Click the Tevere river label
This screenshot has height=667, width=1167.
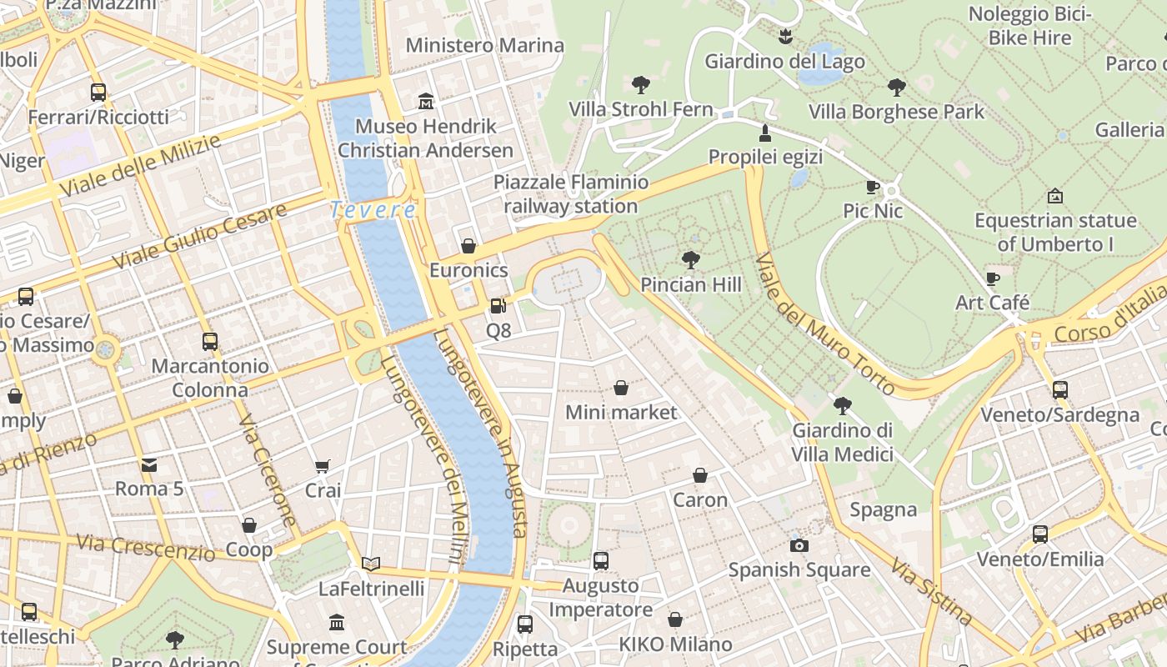pos(373,210)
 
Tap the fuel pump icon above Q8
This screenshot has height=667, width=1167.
pos(498,306)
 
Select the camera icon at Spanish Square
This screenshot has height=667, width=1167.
pos(799,545)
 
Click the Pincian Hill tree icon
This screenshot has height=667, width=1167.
pos(690,259)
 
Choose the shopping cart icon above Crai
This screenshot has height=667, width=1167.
pos(323,466)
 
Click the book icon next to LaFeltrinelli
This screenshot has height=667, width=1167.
pos(371,564)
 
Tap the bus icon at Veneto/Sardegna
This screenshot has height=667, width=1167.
pos(1059,389)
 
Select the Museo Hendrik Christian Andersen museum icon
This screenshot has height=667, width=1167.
pos(426,102)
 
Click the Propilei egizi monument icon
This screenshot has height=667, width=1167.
pos(764,133)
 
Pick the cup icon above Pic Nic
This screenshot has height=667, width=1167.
pos(873,187)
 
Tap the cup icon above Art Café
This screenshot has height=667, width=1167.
pos(992,278)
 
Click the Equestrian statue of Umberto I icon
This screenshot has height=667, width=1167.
pos(1054,196)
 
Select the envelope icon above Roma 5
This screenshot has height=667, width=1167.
pos(149,464)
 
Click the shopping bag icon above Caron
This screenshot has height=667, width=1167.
pos(700,475)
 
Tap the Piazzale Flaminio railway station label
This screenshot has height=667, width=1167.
pos(571,193)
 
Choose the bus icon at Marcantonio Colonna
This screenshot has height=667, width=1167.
pos(210,341)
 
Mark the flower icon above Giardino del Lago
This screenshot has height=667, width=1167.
pos(784,36)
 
